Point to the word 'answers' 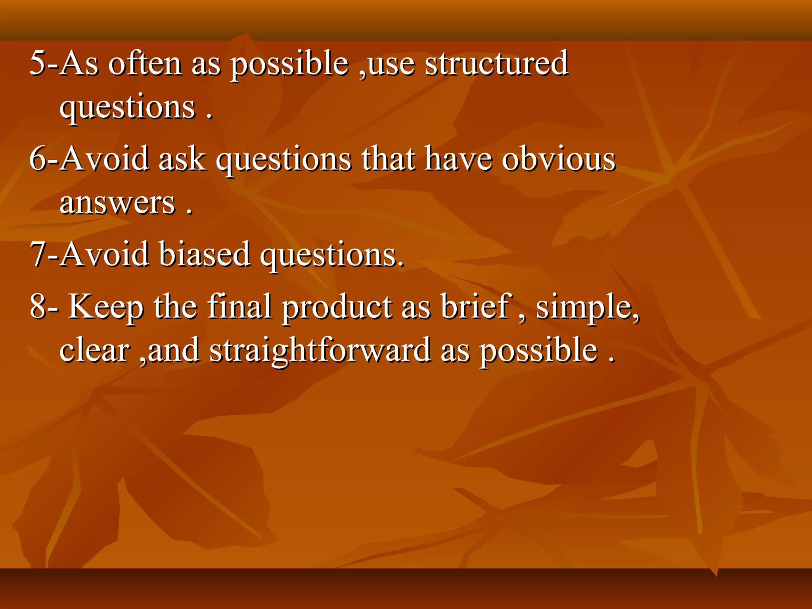117,203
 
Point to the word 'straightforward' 320,351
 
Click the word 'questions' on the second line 127,108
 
